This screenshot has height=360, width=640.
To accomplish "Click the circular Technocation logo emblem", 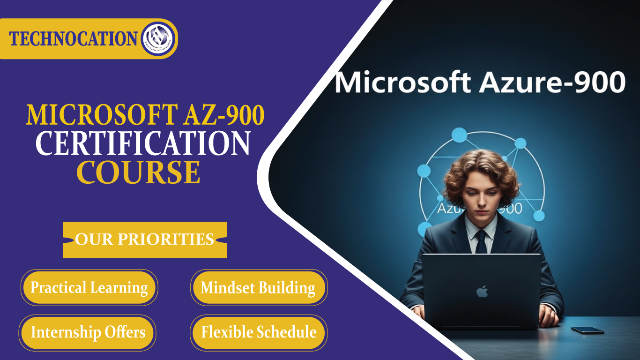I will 158,39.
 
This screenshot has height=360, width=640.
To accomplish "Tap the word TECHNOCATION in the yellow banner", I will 73,39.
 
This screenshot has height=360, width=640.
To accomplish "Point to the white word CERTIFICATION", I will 143,144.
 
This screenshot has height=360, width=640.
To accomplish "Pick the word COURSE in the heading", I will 139,172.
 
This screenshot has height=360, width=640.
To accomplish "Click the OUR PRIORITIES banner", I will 145,240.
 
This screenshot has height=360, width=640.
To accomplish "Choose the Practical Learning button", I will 89,287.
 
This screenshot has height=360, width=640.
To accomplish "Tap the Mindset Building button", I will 258,287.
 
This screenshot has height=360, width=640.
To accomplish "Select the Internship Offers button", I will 88,332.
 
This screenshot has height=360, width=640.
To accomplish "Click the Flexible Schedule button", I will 259,332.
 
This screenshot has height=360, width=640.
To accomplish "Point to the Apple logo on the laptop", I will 482,292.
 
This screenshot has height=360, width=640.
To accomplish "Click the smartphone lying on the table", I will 588,330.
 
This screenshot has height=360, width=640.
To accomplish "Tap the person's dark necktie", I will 481,241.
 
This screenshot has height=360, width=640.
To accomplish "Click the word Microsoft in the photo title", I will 403,82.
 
